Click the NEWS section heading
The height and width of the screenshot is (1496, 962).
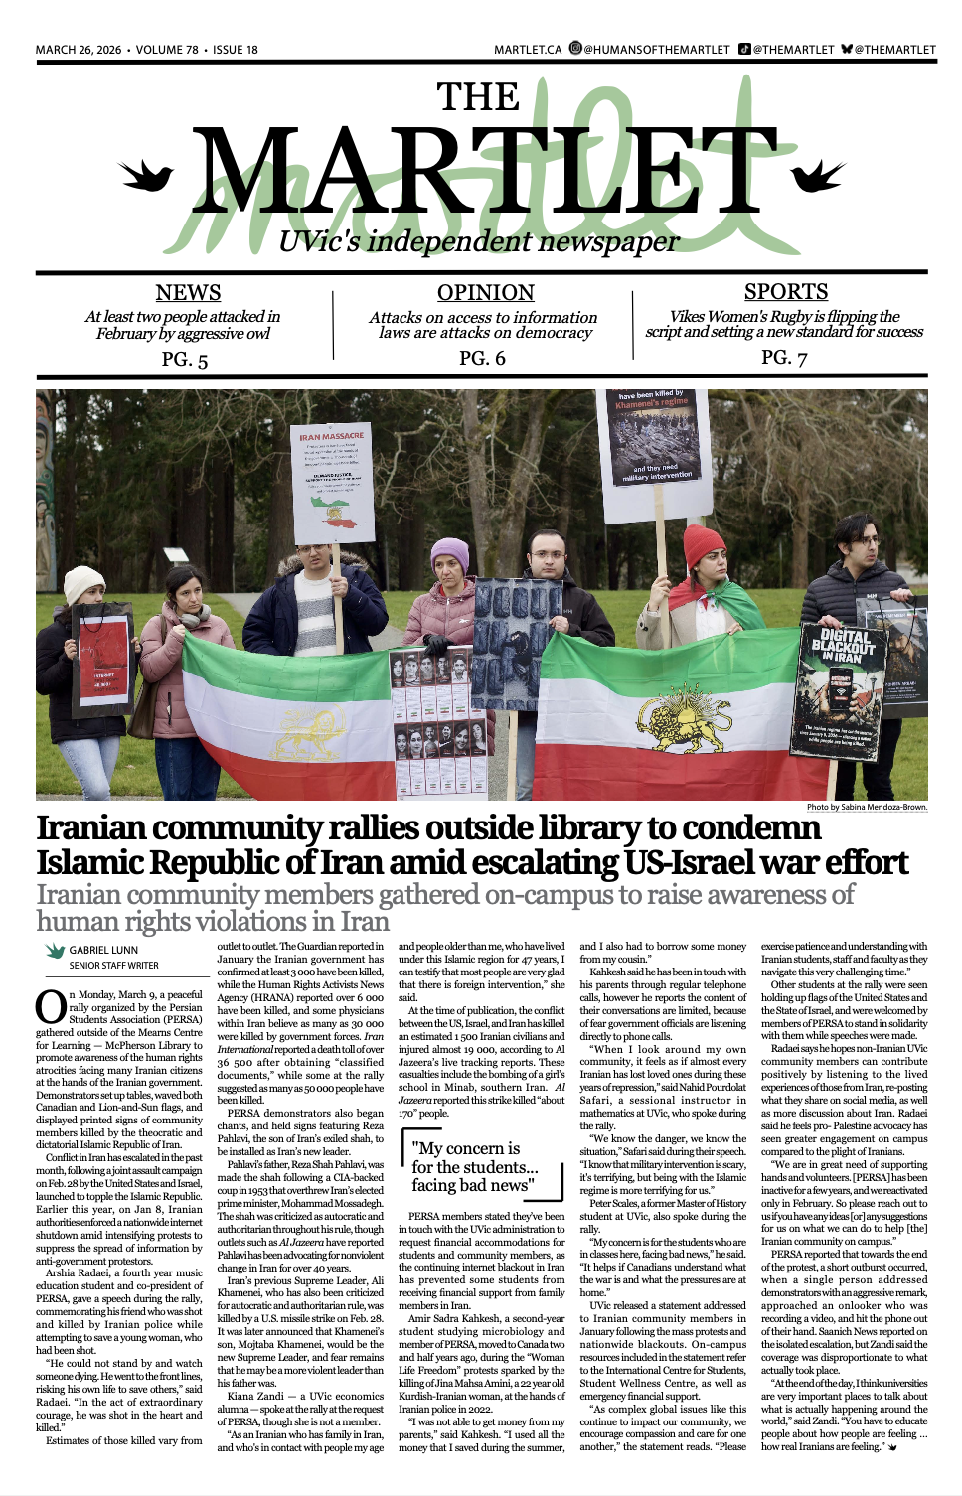[188, 292]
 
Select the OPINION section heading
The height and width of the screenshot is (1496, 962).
[485, 292]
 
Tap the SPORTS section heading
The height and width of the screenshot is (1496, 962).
[785, 291]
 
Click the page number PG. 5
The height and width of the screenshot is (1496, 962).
[185, 359]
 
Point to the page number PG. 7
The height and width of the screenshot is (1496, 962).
[784, 357]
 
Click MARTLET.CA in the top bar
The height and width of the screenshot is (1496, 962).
[528, 50]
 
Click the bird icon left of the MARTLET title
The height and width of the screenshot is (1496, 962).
[146, 176]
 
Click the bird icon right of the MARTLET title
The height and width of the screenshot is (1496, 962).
[819, 177]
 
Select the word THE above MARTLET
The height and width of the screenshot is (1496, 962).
[478, 97]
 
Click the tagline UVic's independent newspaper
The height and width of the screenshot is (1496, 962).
[478, 241]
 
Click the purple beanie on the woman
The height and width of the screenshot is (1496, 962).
[449, 554]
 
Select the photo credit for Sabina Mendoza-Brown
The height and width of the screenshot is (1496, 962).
[867, 807]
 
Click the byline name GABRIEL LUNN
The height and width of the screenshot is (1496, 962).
[103, 951]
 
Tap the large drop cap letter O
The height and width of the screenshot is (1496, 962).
[51, 1006]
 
